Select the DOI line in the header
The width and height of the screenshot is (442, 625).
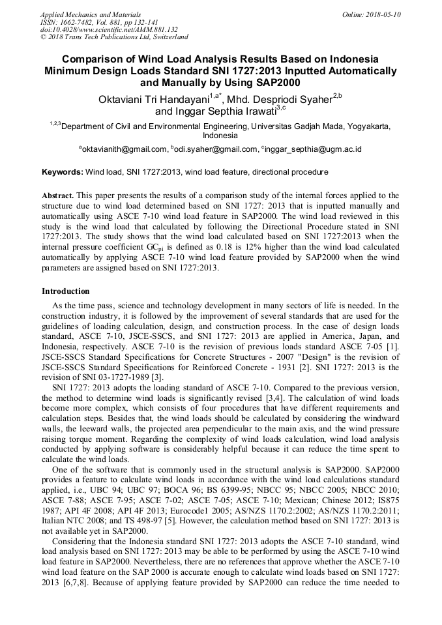pyautogui.click(x=109, y=29)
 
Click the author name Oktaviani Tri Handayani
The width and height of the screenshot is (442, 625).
pyautogui.click(x=154, y=100)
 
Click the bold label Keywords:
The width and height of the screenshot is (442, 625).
pyautogui.click(x=63, y=172)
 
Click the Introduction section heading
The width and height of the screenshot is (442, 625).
pyautogui.click(x=66, y=291)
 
